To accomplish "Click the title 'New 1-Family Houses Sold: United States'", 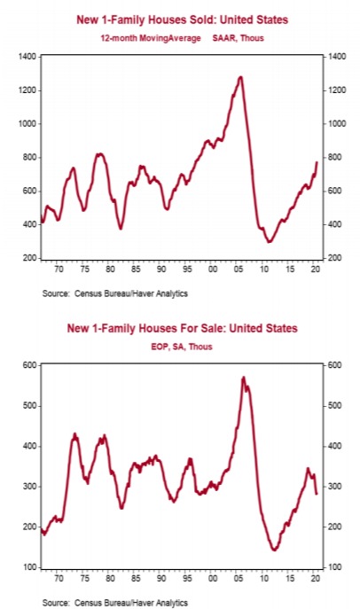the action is (182, 20).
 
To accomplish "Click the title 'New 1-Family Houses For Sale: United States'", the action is (182, 328).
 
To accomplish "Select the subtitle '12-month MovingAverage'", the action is (151, 38).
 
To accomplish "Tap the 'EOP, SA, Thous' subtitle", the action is (182, 347).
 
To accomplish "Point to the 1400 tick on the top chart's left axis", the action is (27, 57).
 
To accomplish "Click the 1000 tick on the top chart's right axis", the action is (336, 124).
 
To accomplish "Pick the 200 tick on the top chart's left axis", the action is (29, 258).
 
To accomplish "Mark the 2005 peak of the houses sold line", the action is (241, 77).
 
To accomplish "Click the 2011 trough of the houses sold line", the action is (269, 242).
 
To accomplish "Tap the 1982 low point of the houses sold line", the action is (121, 229).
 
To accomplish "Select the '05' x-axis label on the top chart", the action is (239, 269).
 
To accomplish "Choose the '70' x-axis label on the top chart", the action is (59, 269).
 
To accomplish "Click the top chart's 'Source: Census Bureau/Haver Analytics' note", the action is (115, 293).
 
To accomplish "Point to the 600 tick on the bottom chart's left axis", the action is (29, 365).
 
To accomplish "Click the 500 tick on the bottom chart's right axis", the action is (335, 406).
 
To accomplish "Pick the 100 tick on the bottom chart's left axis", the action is (29, 567).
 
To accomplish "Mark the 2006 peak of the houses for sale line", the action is (244, 377).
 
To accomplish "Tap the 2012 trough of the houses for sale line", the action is (274, 550).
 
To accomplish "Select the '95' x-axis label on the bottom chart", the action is (187, 578).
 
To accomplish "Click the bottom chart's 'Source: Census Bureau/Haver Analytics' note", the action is (115, 603).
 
